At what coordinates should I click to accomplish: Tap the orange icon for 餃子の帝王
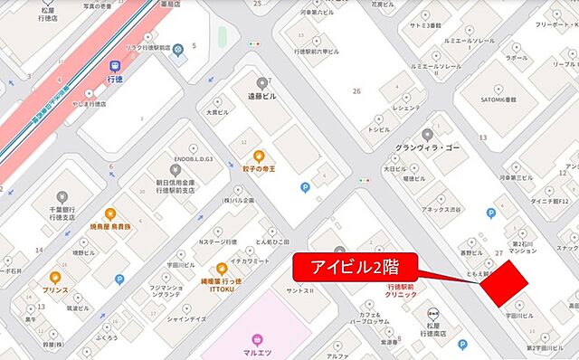tap(257, 155)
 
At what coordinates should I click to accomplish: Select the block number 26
tap(356, 90)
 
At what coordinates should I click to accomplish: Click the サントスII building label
tap(299, 291)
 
